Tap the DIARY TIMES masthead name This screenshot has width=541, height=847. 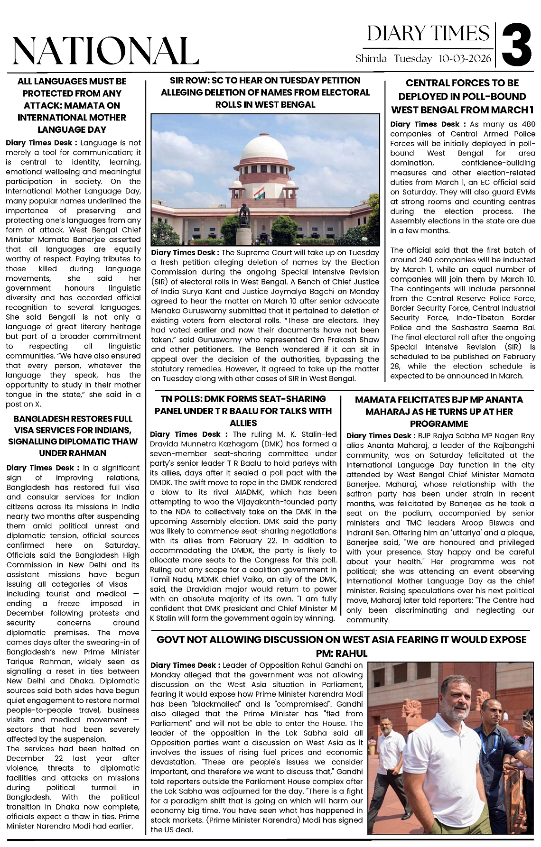(x=428, y=34)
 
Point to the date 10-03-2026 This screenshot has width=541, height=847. (x=466, y=59)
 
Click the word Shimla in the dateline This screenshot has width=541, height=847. (x=371, y=59)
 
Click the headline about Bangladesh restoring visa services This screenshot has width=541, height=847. (x=73, y=435)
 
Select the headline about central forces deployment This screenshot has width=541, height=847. (x=462, y=96)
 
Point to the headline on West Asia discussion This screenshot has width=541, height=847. (x=341, y=646)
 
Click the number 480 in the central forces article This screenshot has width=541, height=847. (x=528, y=124)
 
